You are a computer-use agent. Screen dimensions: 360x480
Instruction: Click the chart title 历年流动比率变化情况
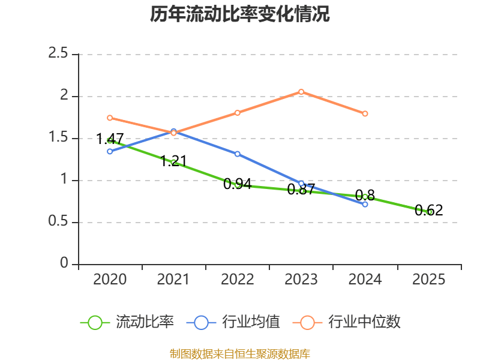point(240,14)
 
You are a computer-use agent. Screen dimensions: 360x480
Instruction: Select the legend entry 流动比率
point(144,322)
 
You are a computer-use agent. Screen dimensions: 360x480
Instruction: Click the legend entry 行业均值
point(251,322)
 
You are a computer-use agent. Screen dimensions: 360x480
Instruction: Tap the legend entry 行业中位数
point(364,322)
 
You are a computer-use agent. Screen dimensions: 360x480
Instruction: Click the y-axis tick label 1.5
point(59,138)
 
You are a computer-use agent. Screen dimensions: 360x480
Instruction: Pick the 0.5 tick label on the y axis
point(59,222)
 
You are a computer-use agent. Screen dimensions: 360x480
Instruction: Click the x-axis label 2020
point(110,280)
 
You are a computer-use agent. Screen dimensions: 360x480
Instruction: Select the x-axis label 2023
point(301,280)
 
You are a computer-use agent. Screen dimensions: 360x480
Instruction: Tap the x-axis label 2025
point(429,280)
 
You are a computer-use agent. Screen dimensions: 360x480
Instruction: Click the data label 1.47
point(110,139)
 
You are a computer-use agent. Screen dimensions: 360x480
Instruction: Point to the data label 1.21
point(173,161)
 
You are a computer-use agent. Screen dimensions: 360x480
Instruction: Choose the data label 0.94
point(237,184)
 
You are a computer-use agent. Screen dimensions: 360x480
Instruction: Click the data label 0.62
point(428,211)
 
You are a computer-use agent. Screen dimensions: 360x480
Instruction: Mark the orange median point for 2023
point(301,92)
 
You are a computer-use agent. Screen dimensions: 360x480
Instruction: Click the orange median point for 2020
point(110,118)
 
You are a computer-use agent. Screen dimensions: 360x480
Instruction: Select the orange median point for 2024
point(365,113)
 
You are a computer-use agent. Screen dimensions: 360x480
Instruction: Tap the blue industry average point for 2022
point(238,154)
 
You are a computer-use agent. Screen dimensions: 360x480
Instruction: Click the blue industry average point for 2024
point(365,204)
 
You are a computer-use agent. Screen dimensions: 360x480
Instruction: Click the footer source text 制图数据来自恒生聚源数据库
point(240,353)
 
